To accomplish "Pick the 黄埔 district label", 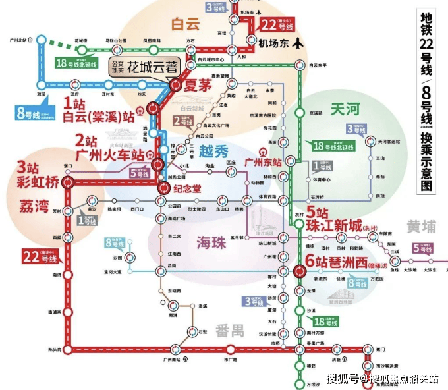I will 421,227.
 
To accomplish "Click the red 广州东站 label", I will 263,161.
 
